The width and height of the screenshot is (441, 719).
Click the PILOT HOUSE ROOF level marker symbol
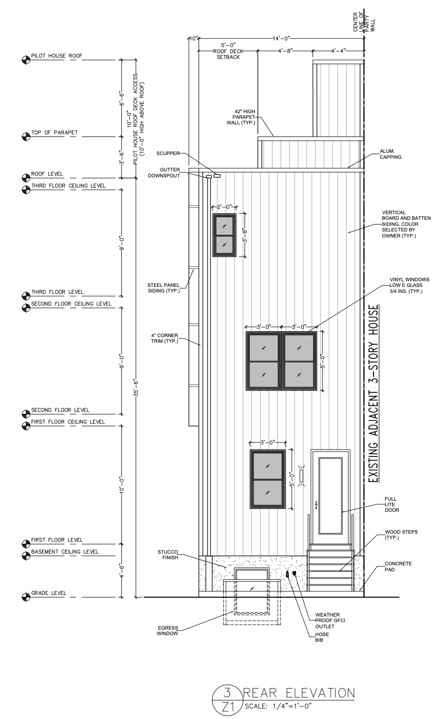(26, 60)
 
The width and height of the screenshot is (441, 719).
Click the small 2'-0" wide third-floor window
(225, 235)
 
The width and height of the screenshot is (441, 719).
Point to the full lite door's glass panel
(331, 495)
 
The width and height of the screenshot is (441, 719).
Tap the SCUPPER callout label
(168, 153)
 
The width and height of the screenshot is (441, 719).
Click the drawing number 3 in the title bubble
(226, 691)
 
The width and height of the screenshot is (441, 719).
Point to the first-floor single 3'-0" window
(267, 479)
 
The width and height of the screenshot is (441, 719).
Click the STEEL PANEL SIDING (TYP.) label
(163, 287)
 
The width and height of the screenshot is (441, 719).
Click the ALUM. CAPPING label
(391, 154)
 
